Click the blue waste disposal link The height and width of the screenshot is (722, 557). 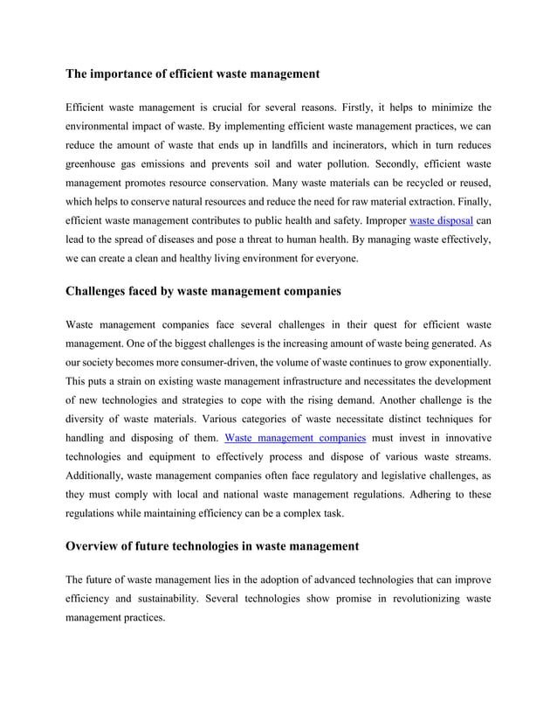pyautogui.click(x=441, y=221)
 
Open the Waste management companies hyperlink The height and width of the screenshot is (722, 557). pyautogui.click(x=295, y=437)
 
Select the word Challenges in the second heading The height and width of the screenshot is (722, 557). pyautogui.click(x=101, y=290)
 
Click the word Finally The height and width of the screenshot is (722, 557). pyautogui.click(x=470, y=202)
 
